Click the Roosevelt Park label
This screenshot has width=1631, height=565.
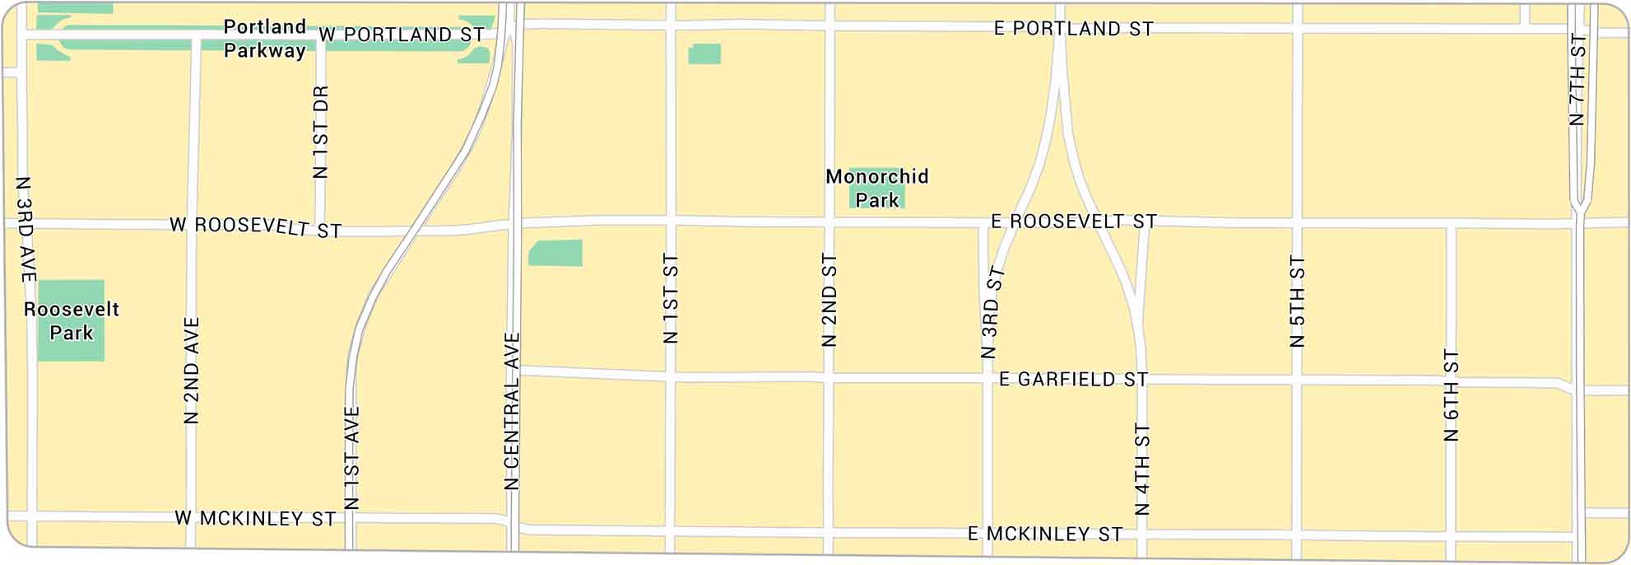coord(72,321)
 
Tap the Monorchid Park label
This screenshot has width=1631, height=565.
coord(877,188)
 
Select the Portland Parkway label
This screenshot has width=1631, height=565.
coord(264,39)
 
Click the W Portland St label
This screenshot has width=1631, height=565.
coord(402,35)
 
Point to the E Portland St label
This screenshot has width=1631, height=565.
coord(1073,29)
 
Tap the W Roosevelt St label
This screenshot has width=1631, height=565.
coord(255,226)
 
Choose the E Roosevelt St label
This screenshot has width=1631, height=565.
coord(1074,222)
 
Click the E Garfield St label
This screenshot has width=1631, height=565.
coord(1073,380)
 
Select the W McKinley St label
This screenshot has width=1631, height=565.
coord(255,519)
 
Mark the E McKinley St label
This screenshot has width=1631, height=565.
coord(1045,535)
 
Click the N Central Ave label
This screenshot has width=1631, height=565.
coord(512,411)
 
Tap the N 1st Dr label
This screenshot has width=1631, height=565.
coord(321,132)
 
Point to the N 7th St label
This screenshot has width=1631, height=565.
coord(1577,79)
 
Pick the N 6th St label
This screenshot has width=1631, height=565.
coord(1452,395)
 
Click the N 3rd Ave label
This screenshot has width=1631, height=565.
coord(25,229)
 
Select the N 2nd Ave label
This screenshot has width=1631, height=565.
coord(192,371)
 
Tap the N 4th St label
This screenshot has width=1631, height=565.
coord(1142,469)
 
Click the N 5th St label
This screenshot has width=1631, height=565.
coord(1298,301)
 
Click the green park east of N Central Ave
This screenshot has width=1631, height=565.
coord(555,253)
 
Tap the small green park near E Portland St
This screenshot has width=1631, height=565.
coord(704,54)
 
